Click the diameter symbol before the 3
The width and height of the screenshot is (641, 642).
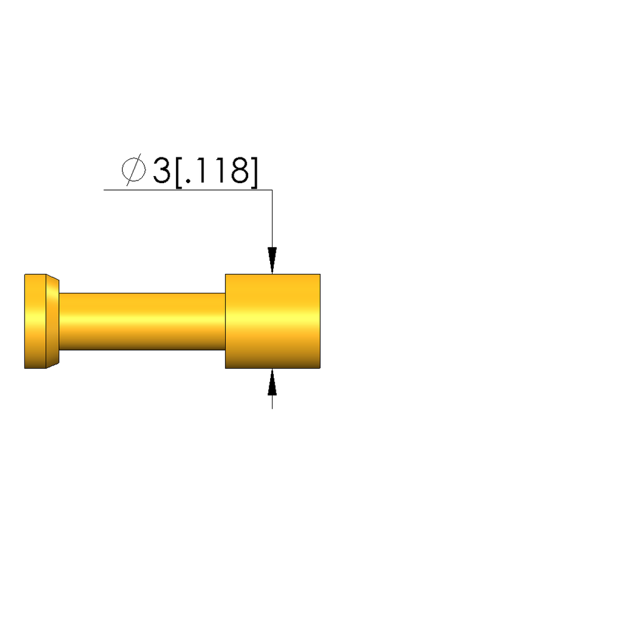(133, 170)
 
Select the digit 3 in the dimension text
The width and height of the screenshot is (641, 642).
(162, 171)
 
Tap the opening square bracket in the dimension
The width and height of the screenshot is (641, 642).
(179, 171)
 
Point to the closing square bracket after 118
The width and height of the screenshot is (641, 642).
(253, 171)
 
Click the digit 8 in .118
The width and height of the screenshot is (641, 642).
(239, 171)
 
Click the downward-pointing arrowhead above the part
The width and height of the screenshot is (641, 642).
(272, 260)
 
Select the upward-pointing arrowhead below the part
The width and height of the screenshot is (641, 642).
(272, 382)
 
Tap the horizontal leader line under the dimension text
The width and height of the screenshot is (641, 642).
(188, 189)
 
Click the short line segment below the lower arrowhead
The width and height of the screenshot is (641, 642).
(272, 403)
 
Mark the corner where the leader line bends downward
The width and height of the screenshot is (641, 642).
(272, 189)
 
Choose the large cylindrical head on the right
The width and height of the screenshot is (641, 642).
(273, 321)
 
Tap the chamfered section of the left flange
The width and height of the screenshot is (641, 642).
(53, 321)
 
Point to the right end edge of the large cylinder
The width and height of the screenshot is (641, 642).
(320, 321)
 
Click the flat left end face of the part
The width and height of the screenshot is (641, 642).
(25, 321)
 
